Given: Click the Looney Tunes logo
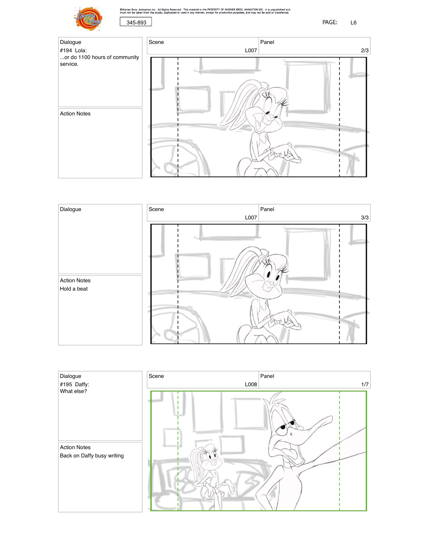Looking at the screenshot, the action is pyautogui.click(x=89, y=19).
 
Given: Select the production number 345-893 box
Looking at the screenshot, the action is pyautogui.click(x=136, y=22).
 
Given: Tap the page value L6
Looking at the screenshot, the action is pyautogui.click(x=353, y=23).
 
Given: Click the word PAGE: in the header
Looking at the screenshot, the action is pyautogui.click(x=330, y=22).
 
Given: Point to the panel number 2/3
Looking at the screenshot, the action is pyautogui.click(x=365, y=50).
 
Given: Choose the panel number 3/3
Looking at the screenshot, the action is pyautogui.click(x=365, y=218).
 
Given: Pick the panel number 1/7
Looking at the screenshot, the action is pyautogui.click(x=365, y=384).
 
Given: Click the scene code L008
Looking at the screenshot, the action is pyautogui.click(x=251, y=384).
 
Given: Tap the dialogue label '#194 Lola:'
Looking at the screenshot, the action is pyautogui.click(x=73, y=50).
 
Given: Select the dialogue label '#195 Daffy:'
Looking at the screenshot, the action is pyautogui.click(x=75, y=384).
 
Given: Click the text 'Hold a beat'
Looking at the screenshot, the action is pyautogui.click(x=74, y=289).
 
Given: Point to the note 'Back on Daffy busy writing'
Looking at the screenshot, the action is pyautogui.click(x=92, y=456).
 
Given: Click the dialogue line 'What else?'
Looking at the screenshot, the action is pyautogui.click(x=73, y=391).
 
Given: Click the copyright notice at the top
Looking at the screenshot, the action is pyautogui.click(x=205, y=11).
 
